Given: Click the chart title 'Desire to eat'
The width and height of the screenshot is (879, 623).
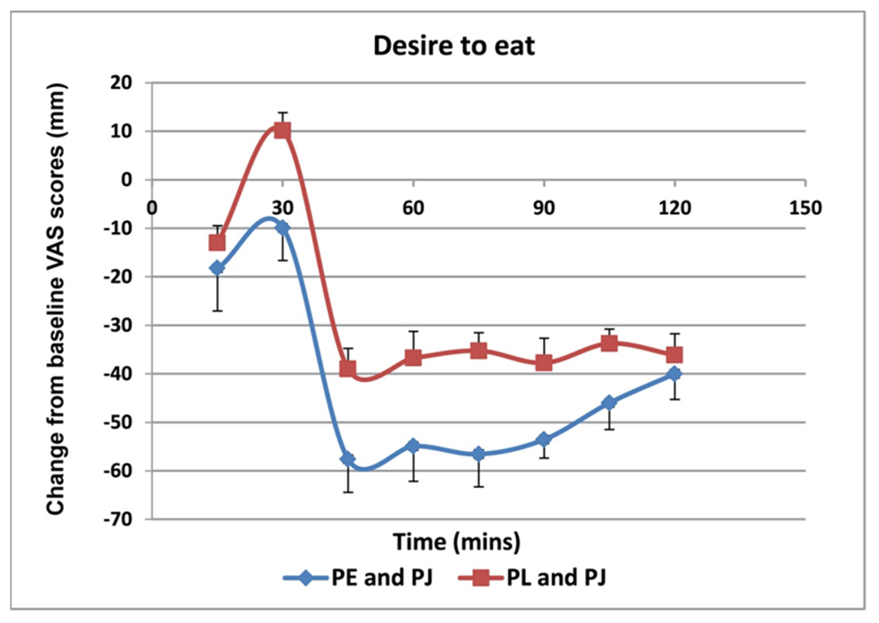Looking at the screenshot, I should pyautogui.click(x=454, y=46).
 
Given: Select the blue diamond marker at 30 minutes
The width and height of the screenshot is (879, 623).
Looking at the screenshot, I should pyautogui.click(x=283, y=228).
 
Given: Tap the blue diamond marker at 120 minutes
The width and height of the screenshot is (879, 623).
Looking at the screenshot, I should pyautogui.click(x=674, y=374).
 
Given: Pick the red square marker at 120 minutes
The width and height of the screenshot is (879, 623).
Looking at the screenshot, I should pyautogui.click(x=674, y=355).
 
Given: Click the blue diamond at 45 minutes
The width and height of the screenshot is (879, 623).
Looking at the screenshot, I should pyautogui.click(x=348, y=458).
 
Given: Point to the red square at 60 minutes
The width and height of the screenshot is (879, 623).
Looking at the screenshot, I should pyautogui.click(x=413, y=358).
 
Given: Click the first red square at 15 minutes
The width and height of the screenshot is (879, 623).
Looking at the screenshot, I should pyautogui.click(x=217, y=242).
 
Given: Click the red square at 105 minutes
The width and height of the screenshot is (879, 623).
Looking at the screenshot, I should pyautogui.click(x=609, y=343).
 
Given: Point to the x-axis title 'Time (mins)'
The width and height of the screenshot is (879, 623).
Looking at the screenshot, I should pyautogui.click(x=457, y=542).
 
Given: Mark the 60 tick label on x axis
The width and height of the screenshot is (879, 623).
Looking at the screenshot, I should pyautogui.click(x=413, y=208).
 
